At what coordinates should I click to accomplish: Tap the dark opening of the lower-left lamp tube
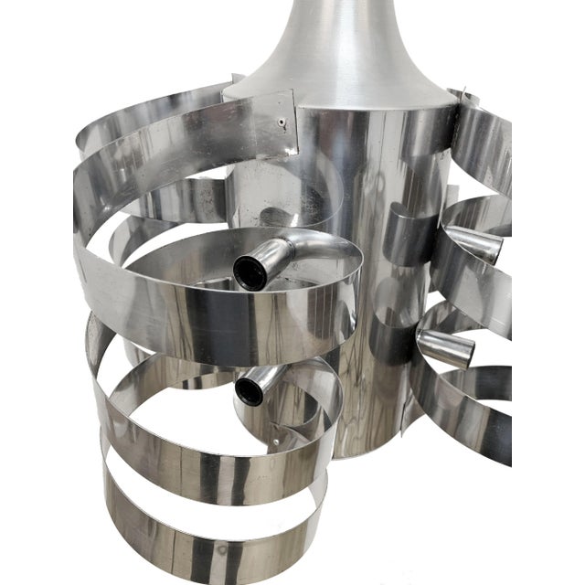[x=248, y=391]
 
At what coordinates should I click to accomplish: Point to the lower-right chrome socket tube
[x=445, y=347]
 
